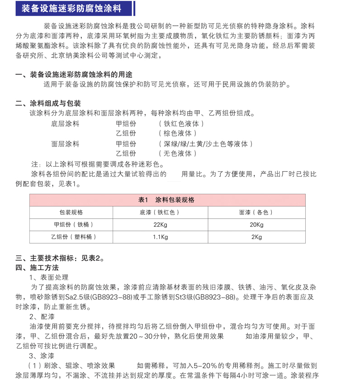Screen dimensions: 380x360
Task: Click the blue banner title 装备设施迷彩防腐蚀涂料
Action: click(x=71, y=8)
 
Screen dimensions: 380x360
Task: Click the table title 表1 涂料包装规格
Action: click(x=166, y=200)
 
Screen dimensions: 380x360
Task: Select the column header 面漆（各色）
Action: click(x=256, y=212)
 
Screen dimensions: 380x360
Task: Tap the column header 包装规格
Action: click(x=71, y=212)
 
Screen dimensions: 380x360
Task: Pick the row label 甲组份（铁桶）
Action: click(x=71, y=225)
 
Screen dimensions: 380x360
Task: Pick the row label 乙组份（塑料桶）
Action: click(x=71, y=237)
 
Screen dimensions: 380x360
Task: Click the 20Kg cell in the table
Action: click(x=256, y=225)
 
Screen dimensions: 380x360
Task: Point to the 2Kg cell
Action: click(x=256, y=237)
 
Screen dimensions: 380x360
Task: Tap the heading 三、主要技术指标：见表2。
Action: click(x=60, y=258)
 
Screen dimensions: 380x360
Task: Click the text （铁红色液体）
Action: click(x=181, y=123)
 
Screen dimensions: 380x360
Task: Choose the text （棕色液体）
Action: click(x=178, y=133)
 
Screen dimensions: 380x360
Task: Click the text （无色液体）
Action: click(x=178, y=154)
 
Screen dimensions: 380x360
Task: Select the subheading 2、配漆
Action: click(x=42, y=316)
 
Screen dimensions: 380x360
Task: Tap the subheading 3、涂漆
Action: click(x=42, y=356)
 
